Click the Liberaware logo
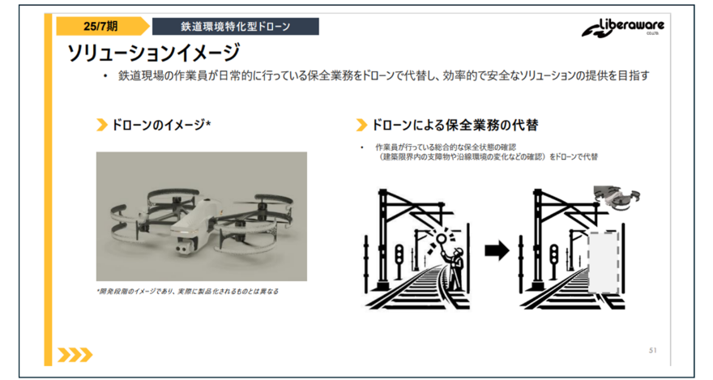point(623,28)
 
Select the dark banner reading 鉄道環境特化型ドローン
point(236,27)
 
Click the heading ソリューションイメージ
point(153,53)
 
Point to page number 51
point(653,351)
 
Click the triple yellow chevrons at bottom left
point(75,355)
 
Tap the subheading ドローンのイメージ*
point(161,125)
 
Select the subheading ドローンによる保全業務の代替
point(455,125)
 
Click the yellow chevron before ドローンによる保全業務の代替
point(361,125)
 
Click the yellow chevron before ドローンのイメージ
point(102,125)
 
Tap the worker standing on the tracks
point(456,268)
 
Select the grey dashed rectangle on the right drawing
point(604,263)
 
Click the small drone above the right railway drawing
point(617,199)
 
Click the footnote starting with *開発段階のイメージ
point(187,292)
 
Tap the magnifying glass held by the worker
point(440,239)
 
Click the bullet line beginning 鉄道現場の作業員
point(384,75)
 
